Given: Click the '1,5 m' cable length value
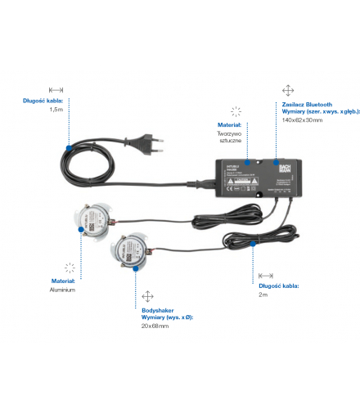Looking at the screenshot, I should [56, 109].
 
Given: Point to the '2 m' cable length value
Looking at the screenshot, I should [263, 295].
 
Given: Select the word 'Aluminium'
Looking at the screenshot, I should [63, 289].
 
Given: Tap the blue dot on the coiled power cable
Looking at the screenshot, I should [70, 148].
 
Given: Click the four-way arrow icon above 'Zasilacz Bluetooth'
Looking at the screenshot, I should [287, 90].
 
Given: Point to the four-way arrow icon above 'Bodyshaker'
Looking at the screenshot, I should [147, 295].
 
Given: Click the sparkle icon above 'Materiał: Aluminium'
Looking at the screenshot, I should [70, 267].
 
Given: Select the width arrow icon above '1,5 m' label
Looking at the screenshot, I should [56, 89].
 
